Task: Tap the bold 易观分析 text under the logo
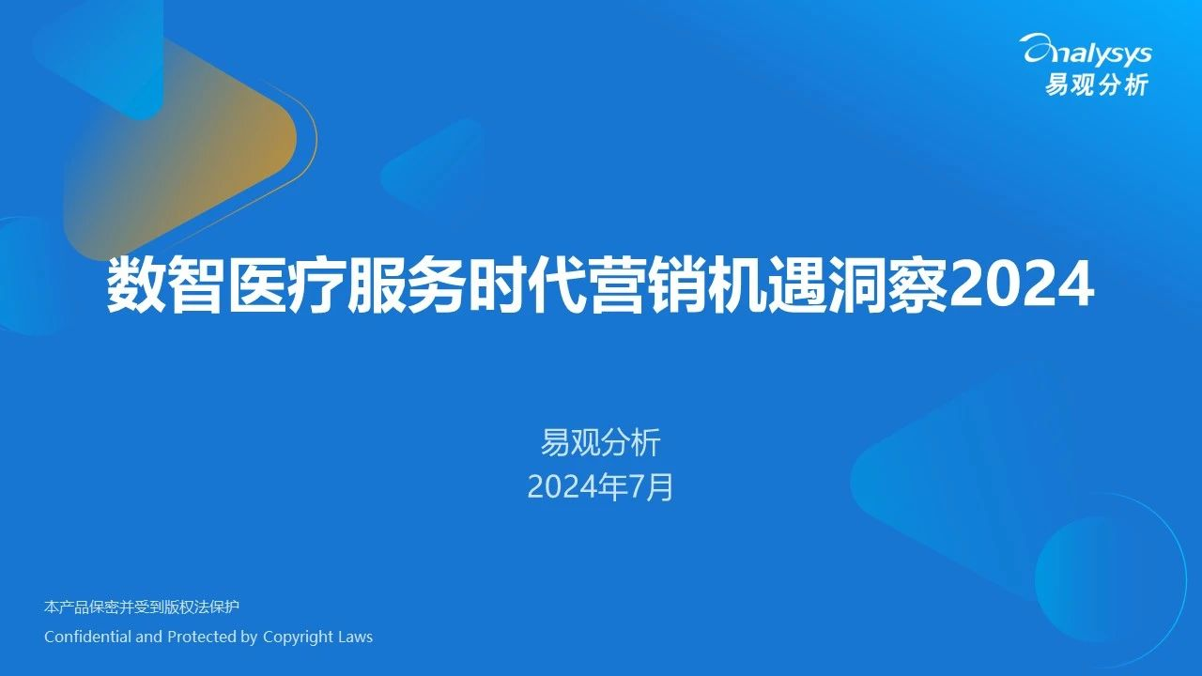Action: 1096,84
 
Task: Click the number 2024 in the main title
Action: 1021,284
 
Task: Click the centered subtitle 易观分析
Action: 600,442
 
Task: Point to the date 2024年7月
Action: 600,487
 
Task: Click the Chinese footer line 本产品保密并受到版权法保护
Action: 142,607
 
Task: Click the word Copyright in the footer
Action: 298,638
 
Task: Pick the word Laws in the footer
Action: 355,637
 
